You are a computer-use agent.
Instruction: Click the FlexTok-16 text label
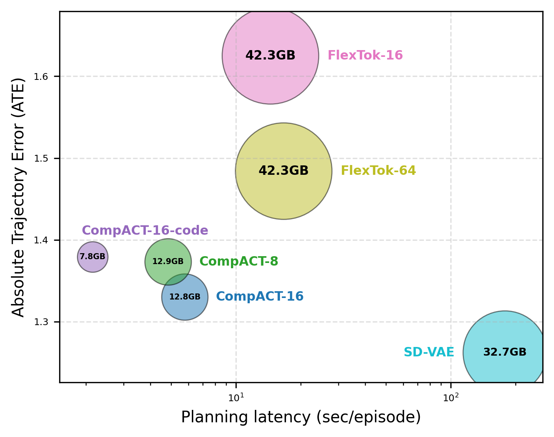(365, 56)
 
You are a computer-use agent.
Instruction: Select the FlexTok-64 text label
(378, 171)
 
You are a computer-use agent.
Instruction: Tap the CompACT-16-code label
(145, 231)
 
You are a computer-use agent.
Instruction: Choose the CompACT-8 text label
(239, 261)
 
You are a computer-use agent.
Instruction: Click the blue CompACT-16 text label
(260, 296)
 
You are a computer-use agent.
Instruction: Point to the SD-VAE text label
(429, 353)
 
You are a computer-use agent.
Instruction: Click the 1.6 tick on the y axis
(41, 77)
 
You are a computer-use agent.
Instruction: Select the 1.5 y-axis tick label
(41, 159)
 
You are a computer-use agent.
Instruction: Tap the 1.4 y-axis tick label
(41, 240)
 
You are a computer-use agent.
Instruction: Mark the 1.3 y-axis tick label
(41, 322)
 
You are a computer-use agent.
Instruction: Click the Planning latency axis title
(301, 417)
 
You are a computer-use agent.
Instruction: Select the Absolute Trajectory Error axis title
(18, 197)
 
